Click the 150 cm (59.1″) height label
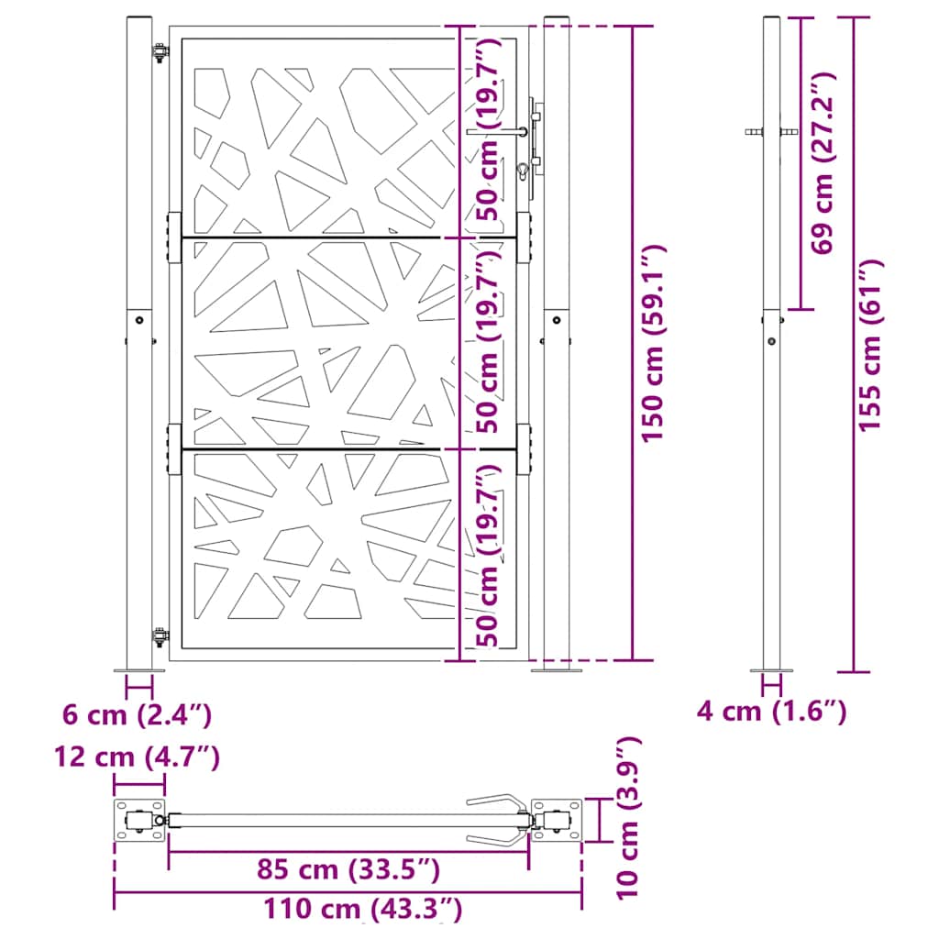(652, 341)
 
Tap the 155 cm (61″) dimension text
(871, 345)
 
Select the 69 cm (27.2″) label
(823, 163)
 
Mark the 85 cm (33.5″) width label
(348, 867)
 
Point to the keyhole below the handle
(523, 170)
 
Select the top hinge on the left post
(160, 54)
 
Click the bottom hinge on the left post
(160, 635)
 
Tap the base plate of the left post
(139, 670)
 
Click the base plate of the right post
(556, 670)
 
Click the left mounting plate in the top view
(136, 820)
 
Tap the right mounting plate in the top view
(559, 820)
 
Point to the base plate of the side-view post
(772, 670)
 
